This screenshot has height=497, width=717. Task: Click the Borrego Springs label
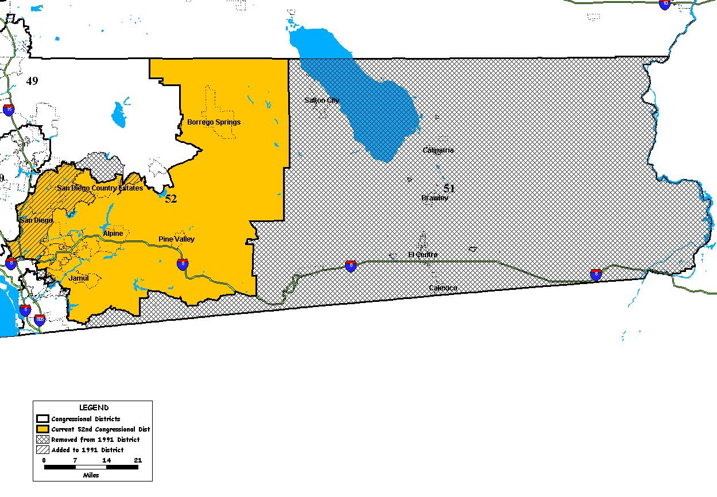[x=214, y=122]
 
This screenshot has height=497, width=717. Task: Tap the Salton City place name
[x=321, y=100]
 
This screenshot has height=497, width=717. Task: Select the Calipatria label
[x=438, y=150]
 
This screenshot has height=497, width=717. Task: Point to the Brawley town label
[x=435, y=198]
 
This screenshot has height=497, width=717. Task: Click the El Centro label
[x=423, y=254]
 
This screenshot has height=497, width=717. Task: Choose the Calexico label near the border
[x=443, y=288]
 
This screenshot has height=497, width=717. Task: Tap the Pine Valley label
[x=176, y=239]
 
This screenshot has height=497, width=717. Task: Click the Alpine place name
[x=113, y=234]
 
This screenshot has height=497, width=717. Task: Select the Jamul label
[x=79, y=278]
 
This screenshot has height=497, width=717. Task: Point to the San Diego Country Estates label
[x=100, y=188]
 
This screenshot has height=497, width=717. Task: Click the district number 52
[x=171, y=199]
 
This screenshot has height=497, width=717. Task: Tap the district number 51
[x=448, y=188]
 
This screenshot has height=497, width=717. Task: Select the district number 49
[x=32, y=81]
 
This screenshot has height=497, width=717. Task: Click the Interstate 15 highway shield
[x=9, y=110]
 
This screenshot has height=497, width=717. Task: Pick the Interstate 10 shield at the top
[x=665, y=4]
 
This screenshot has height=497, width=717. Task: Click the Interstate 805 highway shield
[x=40, y=319]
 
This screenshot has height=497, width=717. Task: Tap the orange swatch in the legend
[x=42, y=429]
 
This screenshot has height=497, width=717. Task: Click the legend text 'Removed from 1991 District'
[x=95, y=440]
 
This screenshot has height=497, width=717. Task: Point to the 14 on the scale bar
[x=106, y=460]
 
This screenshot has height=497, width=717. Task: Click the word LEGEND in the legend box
[x=94, y=408]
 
